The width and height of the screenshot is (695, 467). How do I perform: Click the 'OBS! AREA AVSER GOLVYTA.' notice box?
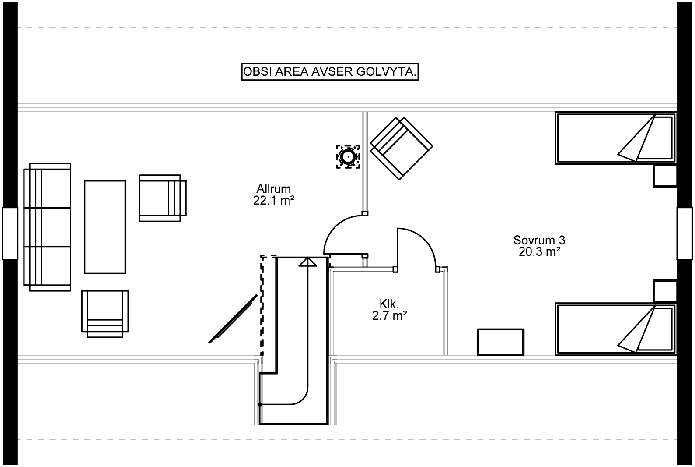pyautogui.click(x=330, y=72)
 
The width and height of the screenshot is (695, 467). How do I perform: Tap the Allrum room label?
pyautogui.click(x=273, y=189)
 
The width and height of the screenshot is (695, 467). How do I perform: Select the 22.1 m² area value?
pyautogui.click(x=273, y=201)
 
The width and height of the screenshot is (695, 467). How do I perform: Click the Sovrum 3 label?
pyautogui.click(x=539, y=240)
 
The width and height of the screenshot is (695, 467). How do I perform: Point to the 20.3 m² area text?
pyautogui.click(x=539, y=252)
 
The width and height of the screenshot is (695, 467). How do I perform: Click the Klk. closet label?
pyautogui.click(x=389, y=304)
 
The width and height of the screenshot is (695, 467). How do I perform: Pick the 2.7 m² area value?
pyautogui.click(x=389, y=316)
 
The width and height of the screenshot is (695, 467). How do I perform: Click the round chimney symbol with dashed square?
pyautogui.click(x=348, y=157)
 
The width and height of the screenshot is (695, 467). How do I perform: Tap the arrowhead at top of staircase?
pyautogui.click(x=307, y=262)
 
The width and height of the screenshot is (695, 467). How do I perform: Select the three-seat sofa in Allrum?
pyautogui.click(x=47, y=227)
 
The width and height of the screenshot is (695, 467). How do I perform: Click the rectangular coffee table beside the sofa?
pyautogui.click(x=105, y=227)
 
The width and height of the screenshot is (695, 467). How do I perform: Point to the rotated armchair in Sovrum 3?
pyautogui.click(x=401, y=149)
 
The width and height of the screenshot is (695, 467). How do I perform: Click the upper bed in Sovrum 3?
pyautogui.click(x=615, y=138)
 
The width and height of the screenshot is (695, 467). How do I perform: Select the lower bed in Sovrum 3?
pyautogui.click(x=615, y=329)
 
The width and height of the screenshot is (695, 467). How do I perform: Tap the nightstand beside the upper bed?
pyautogui.click(x=665, y=176)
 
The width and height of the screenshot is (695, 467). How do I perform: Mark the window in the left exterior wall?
pyautogui.click(x=10, y=233)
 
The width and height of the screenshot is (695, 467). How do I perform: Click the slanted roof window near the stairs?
pyautogui.click(x=233, y=319)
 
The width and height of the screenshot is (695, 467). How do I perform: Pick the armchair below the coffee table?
pyautogui.click(x=105, y=314)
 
